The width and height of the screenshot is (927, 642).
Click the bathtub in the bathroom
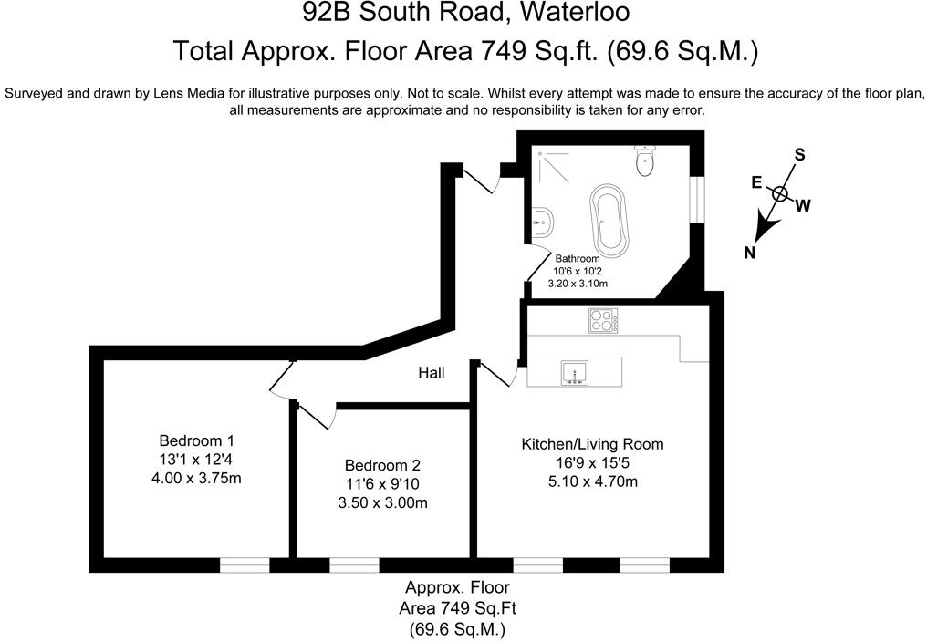[609, 220]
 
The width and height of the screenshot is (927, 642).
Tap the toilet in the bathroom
[645, 160]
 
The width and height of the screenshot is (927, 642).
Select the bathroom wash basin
[541, 220]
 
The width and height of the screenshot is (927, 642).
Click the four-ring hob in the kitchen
[603, 320]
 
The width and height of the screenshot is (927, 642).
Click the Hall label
[432, 373]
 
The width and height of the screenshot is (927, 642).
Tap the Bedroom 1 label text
[196, 439]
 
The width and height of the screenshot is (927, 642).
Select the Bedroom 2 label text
[382, 464]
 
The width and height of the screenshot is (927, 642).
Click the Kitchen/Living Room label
[592, 445]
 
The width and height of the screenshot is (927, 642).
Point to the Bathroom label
[578, 258]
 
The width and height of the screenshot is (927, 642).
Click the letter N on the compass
[749, 254]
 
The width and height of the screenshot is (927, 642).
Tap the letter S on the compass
[799, 154]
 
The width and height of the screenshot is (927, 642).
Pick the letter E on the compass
[755, 182]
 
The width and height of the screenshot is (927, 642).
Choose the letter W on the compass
[803, 206]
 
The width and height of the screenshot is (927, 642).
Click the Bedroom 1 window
[245, 565]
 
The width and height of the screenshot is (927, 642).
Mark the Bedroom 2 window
[354, 565]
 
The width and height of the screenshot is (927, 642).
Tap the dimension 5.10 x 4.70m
[592, 481]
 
